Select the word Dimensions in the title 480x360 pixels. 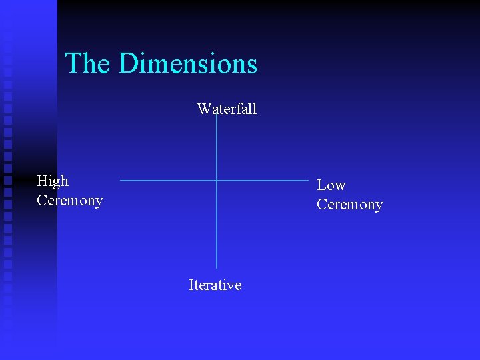click(188, 64)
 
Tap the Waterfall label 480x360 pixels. click(227, 109)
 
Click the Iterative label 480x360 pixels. click(215, 285)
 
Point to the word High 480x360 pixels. click(53, 181)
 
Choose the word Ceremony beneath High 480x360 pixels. click(70, 201)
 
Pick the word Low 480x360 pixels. click(331, 185)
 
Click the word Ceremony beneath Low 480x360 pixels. click(349, 205)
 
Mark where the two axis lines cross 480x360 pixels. click(217, 180)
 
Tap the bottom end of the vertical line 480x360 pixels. click(217, 268)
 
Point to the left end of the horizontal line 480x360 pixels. click(121, 180)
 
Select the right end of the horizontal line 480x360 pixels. click(309, 180)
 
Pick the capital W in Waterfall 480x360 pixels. click(203, 109)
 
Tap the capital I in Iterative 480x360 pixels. click(191, 285)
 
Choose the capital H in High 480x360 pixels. click(43, 181)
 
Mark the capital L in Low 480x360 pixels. click(321, 185)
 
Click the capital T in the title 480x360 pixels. click(73, 64)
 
